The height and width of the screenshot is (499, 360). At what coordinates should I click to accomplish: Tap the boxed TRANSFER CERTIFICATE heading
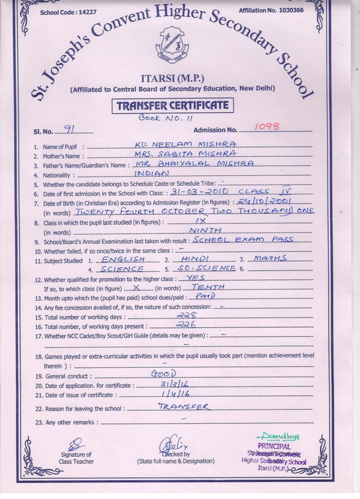(172, 106)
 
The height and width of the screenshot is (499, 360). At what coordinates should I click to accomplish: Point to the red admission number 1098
(267, 127)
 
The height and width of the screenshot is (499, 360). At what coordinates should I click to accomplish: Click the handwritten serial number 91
(70, 129)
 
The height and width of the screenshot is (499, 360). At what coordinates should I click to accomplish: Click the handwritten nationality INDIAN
(152, 174)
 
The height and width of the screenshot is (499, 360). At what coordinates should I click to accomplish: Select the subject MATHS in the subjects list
(270, 258)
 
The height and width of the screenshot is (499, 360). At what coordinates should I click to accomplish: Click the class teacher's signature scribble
(76, 443)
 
